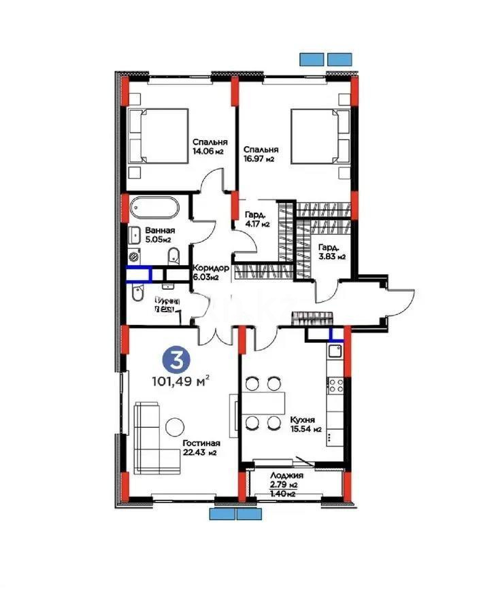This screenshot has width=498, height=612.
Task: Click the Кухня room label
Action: point(301,420)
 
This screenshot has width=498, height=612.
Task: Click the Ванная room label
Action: point(158,231)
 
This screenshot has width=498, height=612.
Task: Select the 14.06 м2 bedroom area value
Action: point(207,152)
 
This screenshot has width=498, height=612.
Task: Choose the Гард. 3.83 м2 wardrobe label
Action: point(332,252)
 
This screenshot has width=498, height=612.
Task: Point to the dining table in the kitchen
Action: point(263,403)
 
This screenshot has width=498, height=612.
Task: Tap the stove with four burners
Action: point(336,386)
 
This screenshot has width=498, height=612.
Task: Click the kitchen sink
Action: point(335,352)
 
